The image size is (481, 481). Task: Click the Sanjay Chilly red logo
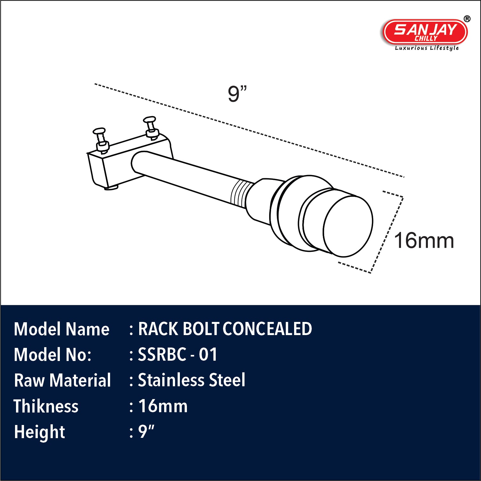[425, 31]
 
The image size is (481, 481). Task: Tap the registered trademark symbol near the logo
[467, 19]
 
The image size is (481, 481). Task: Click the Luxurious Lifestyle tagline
[427, 48]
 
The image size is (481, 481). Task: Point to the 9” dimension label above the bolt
[237, 94]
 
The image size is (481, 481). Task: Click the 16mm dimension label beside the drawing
[424, 241]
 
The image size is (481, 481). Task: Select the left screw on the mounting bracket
[101, 140]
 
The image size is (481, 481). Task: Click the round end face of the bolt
[348, 226]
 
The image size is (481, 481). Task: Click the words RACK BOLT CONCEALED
[225, 329]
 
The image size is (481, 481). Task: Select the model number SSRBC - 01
[177, 355]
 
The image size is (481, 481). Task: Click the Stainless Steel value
[191, 380]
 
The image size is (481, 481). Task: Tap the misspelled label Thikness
[46, 406]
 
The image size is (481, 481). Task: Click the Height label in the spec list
[40, 432]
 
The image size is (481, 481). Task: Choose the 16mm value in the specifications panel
[163, 406]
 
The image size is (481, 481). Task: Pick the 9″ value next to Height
[146, 432]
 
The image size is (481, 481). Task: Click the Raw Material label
[62, 381]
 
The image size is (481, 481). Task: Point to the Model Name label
[62, 329]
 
